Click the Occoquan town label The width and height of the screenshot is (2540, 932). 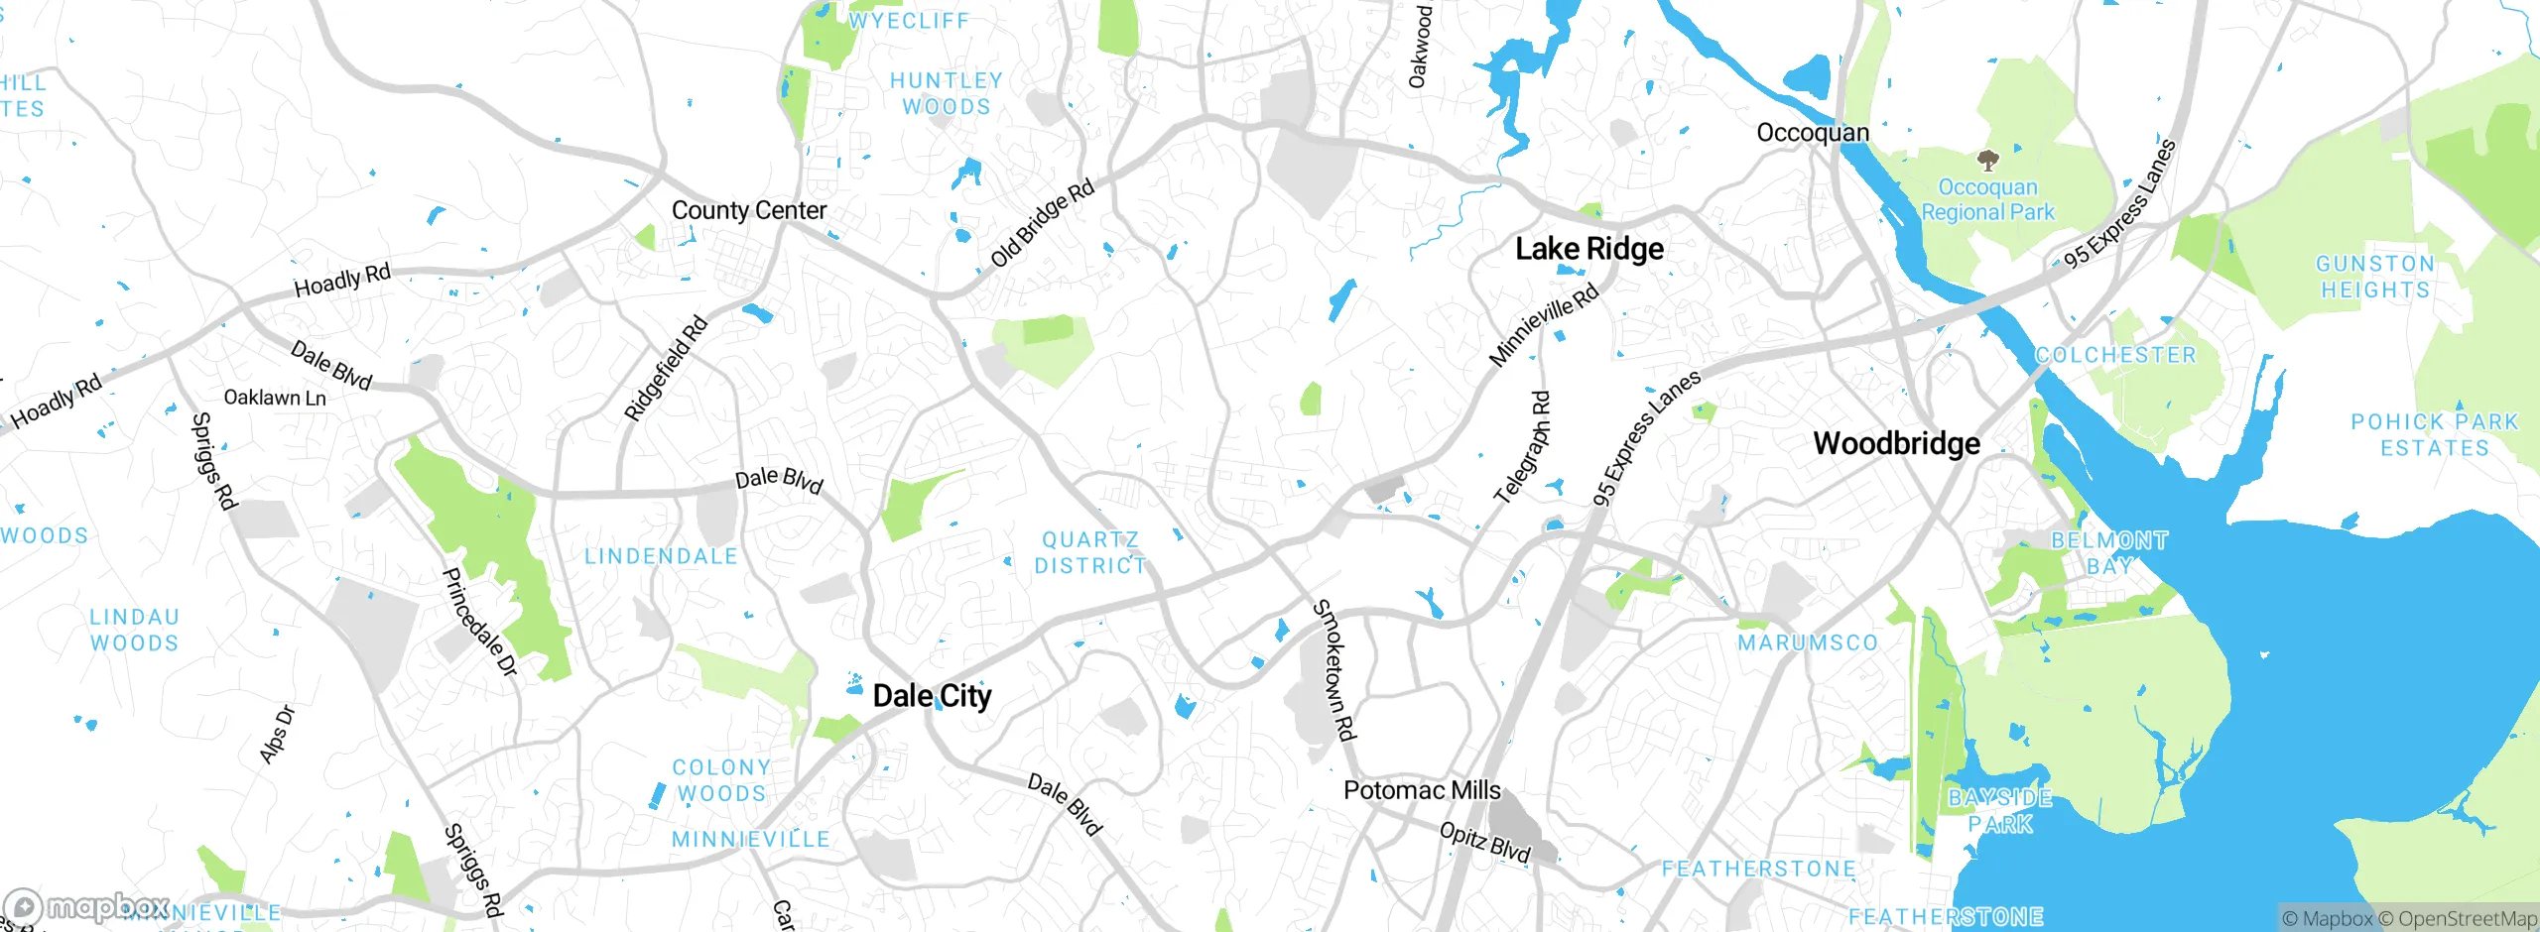[1812, 133]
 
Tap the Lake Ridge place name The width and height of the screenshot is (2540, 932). [1588, 249]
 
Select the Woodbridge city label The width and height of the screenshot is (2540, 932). [1896, 443]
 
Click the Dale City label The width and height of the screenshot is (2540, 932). [932, 696]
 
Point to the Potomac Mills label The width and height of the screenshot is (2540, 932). [1421, 790]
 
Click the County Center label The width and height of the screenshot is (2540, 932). [748, 210]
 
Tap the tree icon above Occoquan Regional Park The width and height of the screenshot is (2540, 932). [1987, 160]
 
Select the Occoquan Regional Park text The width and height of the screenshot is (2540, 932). [1987, 199]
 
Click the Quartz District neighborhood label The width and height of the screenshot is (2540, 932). [1089, 552]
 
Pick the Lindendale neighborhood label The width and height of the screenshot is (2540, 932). [661, 556]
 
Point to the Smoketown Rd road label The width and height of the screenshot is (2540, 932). [1334, 669]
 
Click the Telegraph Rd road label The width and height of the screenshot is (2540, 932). [1523, 447]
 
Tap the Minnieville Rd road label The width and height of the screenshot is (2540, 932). [1544, 324]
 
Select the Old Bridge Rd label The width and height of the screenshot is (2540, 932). [1042, 223]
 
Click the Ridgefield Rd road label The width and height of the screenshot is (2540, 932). [666, 368]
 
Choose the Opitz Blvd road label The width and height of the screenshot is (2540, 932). [1484, 842]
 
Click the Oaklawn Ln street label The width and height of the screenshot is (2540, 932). [275, 398]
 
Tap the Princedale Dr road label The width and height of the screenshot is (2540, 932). [479, 623]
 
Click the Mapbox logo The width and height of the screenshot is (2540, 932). [87, 907]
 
